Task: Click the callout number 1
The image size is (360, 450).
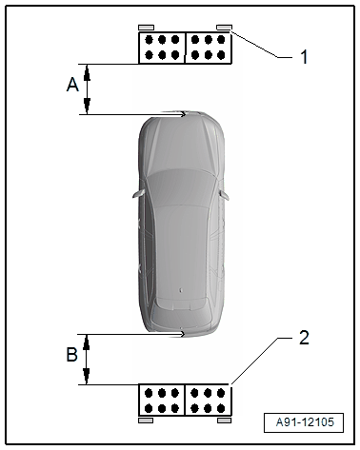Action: point(304,57)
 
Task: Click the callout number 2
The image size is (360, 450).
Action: point(304,338)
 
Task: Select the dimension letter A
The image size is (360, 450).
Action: point(71,85)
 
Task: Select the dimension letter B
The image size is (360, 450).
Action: point(71,357)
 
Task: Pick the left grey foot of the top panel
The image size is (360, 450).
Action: point(145,27)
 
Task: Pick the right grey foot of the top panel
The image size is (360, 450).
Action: point(224,27)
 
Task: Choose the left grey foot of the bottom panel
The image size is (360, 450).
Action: point(146,419)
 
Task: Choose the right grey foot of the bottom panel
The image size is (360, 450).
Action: point(225,419)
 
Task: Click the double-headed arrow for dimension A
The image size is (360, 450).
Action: point(88,89)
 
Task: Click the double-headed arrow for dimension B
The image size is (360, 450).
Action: point(88,360)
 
